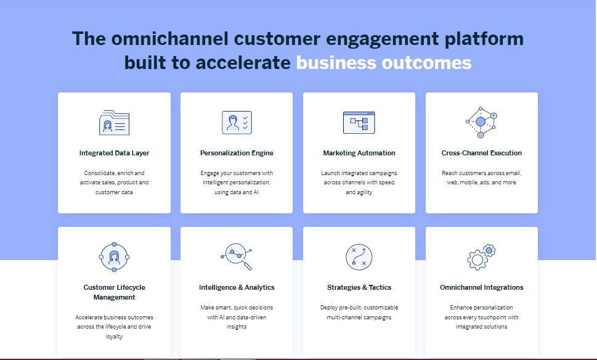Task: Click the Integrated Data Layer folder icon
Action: [114, 123]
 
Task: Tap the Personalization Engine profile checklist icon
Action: [237, 122]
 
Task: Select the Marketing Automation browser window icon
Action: [359, 122]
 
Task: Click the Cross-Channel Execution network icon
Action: [481, 122]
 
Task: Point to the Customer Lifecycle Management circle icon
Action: [114, 256]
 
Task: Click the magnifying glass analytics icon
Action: [237, 256]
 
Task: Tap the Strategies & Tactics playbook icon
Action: [359, 257]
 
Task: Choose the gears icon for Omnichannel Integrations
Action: [481, 256]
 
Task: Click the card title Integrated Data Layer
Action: [114, 153]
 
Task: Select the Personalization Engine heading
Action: [237, 153]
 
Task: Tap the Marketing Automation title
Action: [359, 153]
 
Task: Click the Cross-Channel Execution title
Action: [481, 153]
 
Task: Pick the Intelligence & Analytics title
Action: [237, 287]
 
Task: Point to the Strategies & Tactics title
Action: [359, 287]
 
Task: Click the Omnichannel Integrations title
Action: [481, 287]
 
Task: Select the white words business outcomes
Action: [384, 62]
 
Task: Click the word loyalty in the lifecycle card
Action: [114, 337]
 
